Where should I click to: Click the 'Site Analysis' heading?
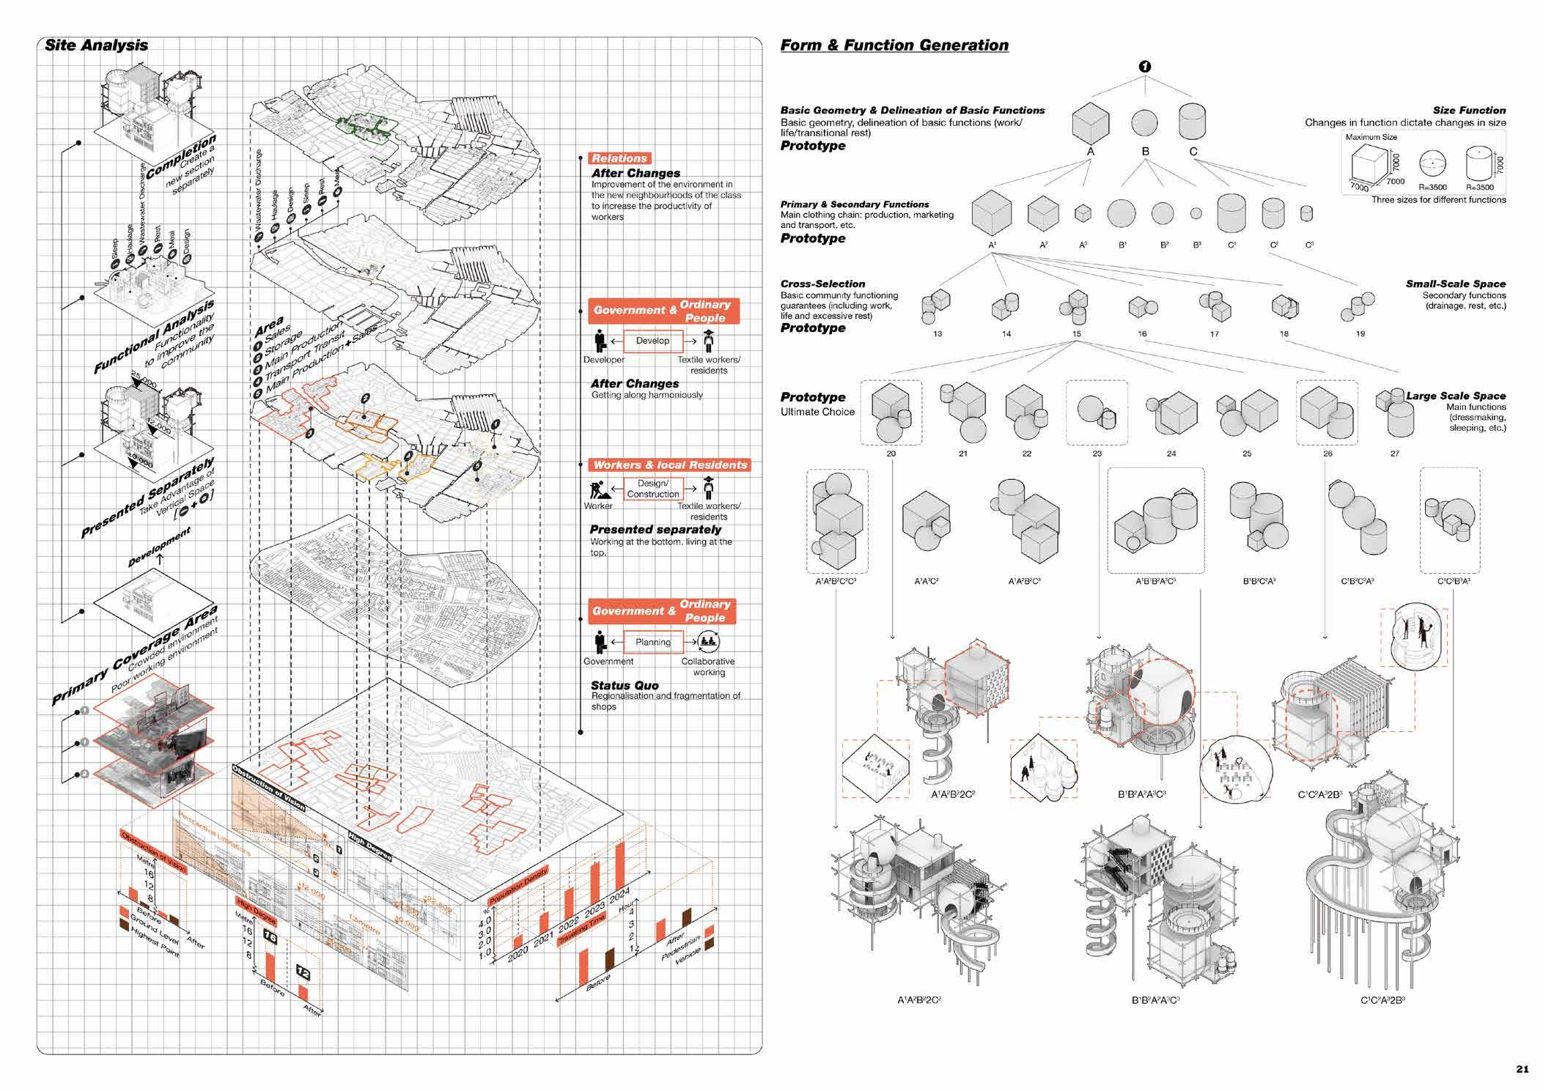tap(96, 45)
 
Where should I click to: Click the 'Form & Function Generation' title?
tap(894, 45)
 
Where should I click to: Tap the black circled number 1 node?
tap(1144, 67)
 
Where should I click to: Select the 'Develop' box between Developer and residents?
tap(652, 341)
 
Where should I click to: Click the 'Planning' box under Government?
tap(652, 643)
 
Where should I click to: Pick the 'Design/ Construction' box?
tap(652, 489)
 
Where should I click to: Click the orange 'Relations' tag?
tap(619, 158)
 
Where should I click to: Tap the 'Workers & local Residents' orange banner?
tap(669, 465)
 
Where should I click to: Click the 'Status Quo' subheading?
tap(625, 686)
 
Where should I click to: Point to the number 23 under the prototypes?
tap(1097, 454)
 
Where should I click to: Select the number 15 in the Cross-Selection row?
tap(1076, 334)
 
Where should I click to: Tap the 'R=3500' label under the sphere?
tap(1432, 188)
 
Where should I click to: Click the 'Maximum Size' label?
tap(1371, 137)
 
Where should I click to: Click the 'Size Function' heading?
tap(1469, 111)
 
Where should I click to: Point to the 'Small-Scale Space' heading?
tap(1455, 284)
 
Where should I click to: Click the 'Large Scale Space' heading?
tap(1455, 396)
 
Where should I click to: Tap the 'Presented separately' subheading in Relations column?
tap(655, 530)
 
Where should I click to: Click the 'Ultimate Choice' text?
tap(817, 412)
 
